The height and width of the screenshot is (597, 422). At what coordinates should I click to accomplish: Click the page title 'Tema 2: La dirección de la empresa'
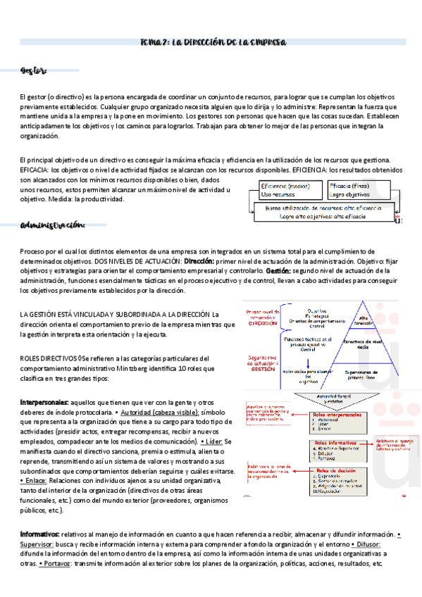pos(211,42)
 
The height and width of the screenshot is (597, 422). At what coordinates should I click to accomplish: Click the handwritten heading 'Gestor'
pos(33,70)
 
